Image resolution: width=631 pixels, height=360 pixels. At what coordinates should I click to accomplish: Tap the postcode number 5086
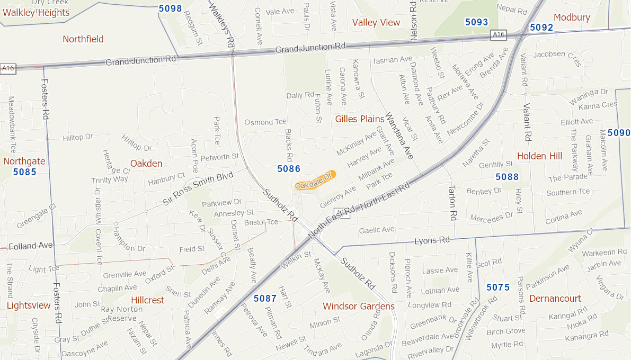(289, 169)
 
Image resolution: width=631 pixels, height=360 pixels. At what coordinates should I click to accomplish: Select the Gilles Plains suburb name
(359, 119)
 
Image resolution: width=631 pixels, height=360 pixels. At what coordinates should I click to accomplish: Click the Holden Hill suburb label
(539, 156)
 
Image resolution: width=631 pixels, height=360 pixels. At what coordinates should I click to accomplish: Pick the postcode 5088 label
(507, 177)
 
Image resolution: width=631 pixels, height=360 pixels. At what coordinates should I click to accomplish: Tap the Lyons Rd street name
(432, 240)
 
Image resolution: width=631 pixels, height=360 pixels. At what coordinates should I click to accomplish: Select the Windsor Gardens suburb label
(359, 307)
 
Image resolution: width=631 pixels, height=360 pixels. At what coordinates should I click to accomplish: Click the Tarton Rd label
(452, 202)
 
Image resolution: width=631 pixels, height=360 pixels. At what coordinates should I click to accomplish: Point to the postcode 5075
(498, 287)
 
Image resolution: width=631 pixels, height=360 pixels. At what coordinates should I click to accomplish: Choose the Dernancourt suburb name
(555, 299)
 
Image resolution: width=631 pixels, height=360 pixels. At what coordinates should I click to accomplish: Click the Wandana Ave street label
(399, 136)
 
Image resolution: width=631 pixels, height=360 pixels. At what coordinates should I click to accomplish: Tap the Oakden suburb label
(146, 164)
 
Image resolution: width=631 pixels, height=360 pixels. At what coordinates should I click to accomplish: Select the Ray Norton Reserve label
(122, 313)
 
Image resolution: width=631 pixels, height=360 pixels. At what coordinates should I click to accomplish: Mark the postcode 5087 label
(265, 299)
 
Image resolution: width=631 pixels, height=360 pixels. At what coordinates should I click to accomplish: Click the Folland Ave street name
(31, 246)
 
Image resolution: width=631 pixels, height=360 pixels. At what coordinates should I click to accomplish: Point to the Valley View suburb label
(376, 22)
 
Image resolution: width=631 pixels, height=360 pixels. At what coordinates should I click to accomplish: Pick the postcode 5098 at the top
(170, 8)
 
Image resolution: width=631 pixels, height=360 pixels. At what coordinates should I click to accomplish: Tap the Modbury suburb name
(572, 17)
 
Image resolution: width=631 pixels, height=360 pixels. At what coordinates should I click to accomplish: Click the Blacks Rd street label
(289, 145)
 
